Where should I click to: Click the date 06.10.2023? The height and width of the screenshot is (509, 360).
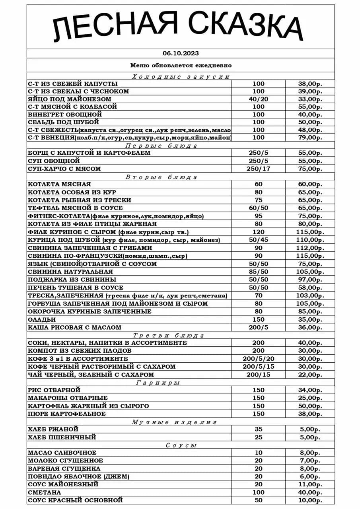[x=181, y=53]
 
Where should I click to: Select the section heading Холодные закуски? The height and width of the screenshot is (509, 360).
[x=181, y=77]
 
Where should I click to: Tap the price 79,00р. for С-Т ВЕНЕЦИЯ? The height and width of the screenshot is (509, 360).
[x=310, y=138]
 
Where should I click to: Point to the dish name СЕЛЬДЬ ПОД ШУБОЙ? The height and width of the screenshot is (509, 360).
[x=63, y=122]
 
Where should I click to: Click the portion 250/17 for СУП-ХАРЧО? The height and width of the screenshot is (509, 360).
[x=258, y=169]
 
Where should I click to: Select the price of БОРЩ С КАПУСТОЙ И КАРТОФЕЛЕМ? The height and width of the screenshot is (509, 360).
[x=310, y=153]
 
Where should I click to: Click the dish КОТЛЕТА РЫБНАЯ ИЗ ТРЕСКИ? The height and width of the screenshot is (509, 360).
[x=79, y=200]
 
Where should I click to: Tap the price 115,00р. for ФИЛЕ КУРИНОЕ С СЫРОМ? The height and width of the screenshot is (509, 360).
[x=310, y=232]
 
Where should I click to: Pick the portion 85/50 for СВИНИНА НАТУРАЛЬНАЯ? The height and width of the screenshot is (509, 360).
[x=258, y=272]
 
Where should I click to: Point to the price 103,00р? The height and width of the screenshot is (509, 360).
[x=310, y=295]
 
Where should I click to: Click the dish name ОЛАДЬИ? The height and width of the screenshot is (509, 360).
[x=42, y=319]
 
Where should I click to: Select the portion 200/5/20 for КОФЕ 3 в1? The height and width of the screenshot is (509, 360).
[x=258, y=359]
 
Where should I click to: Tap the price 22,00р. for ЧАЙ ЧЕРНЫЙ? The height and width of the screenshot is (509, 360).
[x=310, y=375]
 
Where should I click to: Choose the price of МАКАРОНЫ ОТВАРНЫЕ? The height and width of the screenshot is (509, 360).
[x=310, y=398]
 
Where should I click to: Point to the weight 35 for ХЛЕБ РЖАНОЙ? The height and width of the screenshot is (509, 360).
[x=258, y=429]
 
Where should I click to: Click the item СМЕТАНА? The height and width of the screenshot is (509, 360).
[x=45, y=492]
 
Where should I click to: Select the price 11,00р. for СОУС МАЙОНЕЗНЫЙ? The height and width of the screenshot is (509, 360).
[x=310, y=484]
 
